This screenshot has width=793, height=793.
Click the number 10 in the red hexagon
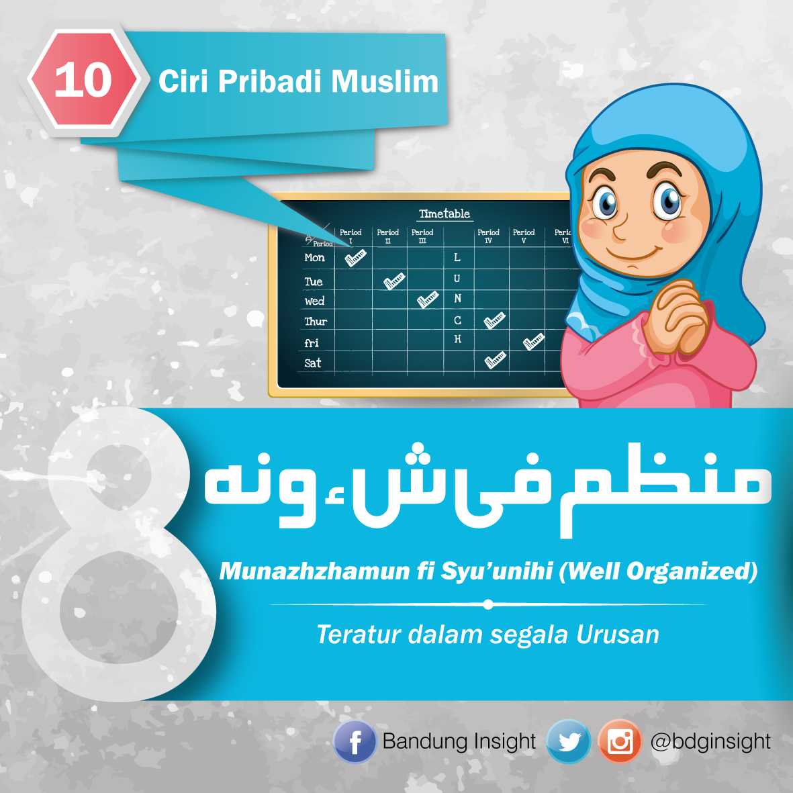[x=83, y=81]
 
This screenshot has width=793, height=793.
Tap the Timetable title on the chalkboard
[x=445, y=214]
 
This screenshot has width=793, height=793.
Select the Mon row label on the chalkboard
[x=314, y=258]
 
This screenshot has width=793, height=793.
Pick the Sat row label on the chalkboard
[x=313, y=363]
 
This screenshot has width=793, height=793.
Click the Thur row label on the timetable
[x=316, y=322]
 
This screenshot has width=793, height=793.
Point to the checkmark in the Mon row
[x=355, y=257]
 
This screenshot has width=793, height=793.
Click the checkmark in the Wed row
[x=427, y=299]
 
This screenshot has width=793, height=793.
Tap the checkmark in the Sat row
[x=495, y=360]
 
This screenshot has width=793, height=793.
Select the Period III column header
[x=422, y=236]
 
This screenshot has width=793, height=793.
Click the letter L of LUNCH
[x=457, y=257]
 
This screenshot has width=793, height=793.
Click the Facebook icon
[x=355, y=742]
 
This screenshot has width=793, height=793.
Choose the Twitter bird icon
[x=569, y=741]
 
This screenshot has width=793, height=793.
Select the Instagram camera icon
[x=620, y=741]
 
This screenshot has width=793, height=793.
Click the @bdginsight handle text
[x=710, y=741]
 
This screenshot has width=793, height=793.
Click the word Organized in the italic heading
[x=692, y=571]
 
